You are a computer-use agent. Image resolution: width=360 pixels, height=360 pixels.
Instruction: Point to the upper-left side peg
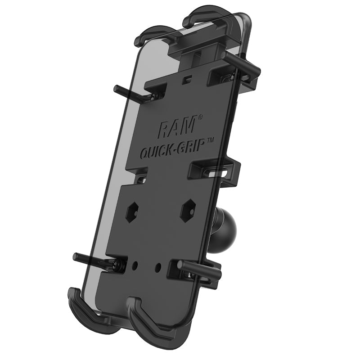tap(130, 92)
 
